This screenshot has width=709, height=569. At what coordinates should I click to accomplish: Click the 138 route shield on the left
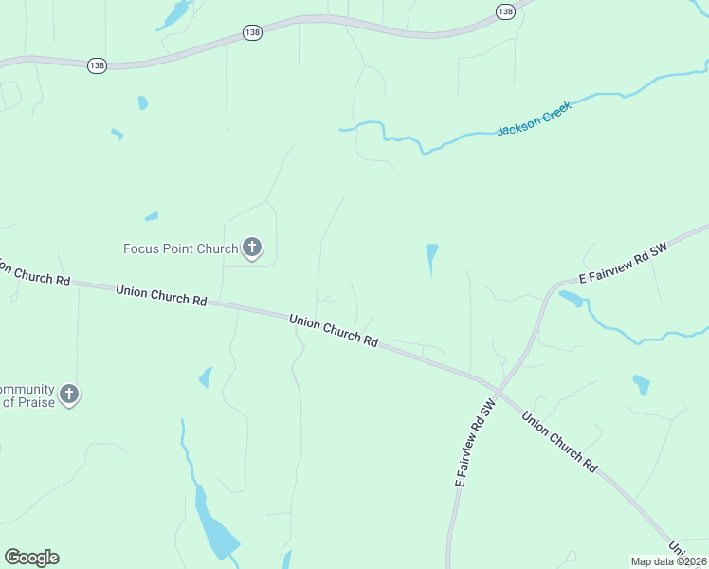click(x=96, y=65)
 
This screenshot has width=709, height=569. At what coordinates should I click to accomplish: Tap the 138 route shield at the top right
click(x=504, y=10)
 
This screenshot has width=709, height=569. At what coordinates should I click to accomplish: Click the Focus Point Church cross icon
click(x=251, y=248)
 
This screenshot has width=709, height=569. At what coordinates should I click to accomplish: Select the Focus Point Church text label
click(x=180, y=249)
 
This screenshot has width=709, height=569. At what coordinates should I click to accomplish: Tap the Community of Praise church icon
click(x=68, y=394)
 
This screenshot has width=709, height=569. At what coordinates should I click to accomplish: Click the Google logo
click(x=31, y=558)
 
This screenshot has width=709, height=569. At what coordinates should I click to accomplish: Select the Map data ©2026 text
click(x=669, y=560)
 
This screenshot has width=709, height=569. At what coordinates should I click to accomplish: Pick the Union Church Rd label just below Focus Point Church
click(x=161, y=294)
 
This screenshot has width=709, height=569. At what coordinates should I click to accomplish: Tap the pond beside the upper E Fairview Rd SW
click(x=571, y=299)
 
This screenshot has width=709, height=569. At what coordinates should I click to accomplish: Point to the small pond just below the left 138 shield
click(x=142, y=102)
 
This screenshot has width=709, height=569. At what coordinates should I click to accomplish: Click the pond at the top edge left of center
click(x=176, y=13)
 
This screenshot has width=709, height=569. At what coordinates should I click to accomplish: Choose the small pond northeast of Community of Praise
click(x=205, y=377)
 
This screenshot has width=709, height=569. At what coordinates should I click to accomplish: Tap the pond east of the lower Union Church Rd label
click(x=642, y=384)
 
